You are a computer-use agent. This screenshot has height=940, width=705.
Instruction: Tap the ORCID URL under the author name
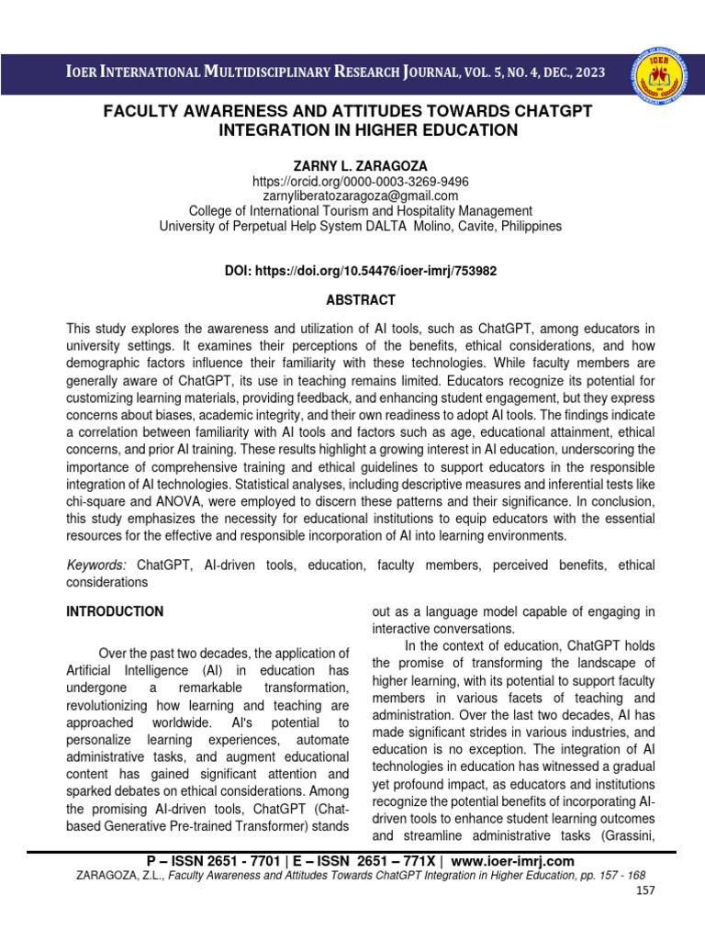click(x=353, y=182)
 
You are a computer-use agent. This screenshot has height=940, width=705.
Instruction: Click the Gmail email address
click(x=353, y=196)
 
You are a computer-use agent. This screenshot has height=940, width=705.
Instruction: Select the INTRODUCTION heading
click(x=115, y=611)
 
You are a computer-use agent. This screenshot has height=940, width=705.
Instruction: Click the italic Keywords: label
click(x=96, y=565)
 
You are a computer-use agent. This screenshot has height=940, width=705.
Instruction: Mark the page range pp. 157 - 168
click(x=590, y=876)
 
